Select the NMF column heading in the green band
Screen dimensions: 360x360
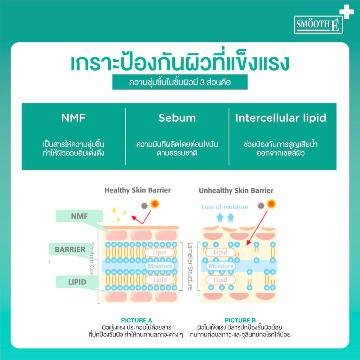click(74, 118)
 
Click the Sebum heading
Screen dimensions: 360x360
click(177, 118)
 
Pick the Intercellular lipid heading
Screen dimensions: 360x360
click(281, 118)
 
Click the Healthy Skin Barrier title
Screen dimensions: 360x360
click(137, 190)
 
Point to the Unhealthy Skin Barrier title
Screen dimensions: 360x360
click(236, 191)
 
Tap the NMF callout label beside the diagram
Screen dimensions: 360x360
click(79, 217)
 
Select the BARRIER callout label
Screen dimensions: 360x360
click(70, 250)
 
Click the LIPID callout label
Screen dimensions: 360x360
click(77, 282)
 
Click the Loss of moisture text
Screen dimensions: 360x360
click(225, 207)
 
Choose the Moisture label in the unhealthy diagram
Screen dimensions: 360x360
click(221, 266)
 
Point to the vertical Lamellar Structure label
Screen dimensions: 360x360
click(190, 266)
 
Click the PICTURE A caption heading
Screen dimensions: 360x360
click(134, 320)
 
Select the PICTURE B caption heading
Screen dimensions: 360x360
click(240, 320)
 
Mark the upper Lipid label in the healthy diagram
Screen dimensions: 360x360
click(160, 252)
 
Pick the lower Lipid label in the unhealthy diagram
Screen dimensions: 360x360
click(220, 280)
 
